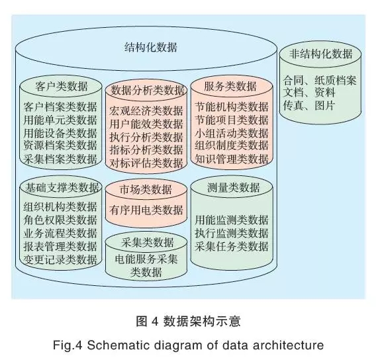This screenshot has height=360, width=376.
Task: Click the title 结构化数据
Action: coord(151,47)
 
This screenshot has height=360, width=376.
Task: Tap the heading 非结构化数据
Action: coord(320,54)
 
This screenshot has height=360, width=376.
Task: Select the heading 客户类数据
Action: coord(62,86)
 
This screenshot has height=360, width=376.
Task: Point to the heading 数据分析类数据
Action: coord(147,90)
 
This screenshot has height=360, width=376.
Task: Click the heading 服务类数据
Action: coord(230,86)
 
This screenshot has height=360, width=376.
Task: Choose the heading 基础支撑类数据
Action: coord(62,187)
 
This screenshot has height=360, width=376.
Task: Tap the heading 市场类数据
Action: coord(146,189)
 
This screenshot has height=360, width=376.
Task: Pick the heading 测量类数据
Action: coord(233,187)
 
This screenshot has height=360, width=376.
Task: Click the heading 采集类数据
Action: coord(147,242)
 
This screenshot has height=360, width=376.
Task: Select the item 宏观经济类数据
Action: coord(146,111)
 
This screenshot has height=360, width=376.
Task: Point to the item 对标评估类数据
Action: coord(146,163)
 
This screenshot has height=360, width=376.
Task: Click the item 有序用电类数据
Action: coord(146,210)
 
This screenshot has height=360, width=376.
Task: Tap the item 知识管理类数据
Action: coord(232,159)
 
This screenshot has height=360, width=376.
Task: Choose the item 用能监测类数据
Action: coord(232,220)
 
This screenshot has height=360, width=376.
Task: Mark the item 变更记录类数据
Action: coord(60,259)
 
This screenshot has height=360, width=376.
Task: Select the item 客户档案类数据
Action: coord(60,107)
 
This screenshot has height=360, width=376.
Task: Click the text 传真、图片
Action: coord(308,105)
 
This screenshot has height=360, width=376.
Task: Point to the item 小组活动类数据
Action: coord(232,133)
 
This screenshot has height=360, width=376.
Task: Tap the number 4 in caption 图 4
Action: coord(155,321)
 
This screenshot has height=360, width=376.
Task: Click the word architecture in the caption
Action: coord(288,345)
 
